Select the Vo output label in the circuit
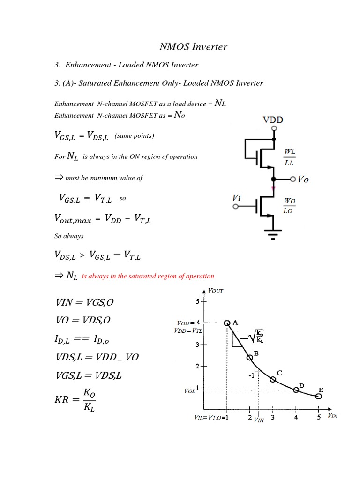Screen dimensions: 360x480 (304, 180)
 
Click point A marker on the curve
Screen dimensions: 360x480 (227, 323)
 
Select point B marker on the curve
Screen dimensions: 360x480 (250, 358)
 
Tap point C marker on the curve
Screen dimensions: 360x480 (273, 379)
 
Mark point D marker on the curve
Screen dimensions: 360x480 (296, 390)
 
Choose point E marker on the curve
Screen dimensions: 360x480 (319, 397)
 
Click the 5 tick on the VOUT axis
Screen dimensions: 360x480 (198, 301)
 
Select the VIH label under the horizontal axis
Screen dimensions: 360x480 (259, 420)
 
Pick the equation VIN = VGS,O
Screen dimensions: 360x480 (84, 302)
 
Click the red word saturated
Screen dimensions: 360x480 (154, 276)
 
